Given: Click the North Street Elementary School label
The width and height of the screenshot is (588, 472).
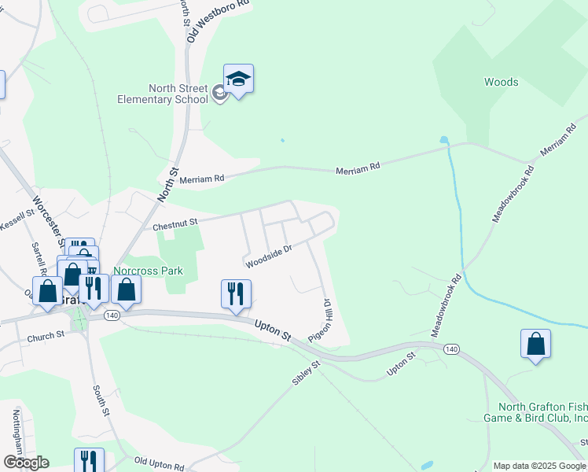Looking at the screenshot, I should (x=162, y=94).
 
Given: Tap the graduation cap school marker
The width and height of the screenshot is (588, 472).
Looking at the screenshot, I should (x=238, y=79).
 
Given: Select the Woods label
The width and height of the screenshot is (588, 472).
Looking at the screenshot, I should (x=501, y=82).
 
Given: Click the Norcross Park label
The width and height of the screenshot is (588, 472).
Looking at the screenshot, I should (x=148, y=271).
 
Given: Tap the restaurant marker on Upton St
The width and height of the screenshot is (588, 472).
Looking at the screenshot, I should (x=236, y=294).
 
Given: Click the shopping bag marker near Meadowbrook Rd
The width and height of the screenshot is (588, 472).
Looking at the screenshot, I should (x=535, y=344).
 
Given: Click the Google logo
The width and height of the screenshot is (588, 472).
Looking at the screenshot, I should (x=26, y=462).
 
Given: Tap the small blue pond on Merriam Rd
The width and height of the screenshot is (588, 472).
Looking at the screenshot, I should (x=444, y=141).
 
